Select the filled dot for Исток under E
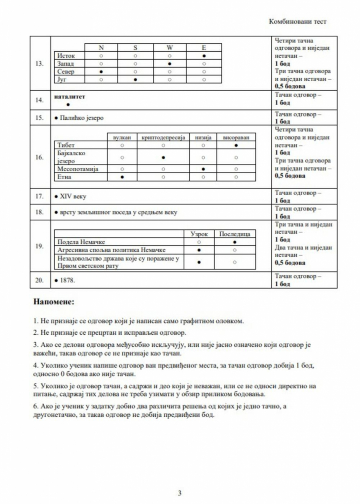[x=204, y=56]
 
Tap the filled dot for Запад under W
[x=170, y=64]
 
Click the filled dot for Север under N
[x=101, y=72]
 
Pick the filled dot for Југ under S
[x=136, y=80]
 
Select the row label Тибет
[x=66, y=145]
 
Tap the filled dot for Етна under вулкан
[x=122, y=177]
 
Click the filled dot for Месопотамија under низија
[x=204, y=169]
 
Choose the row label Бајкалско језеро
[x=70, y=157]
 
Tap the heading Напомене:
[x=54, y=302]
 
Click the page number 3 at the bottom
[x=180, y=493]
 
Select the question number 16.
[x=40, y=157]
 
